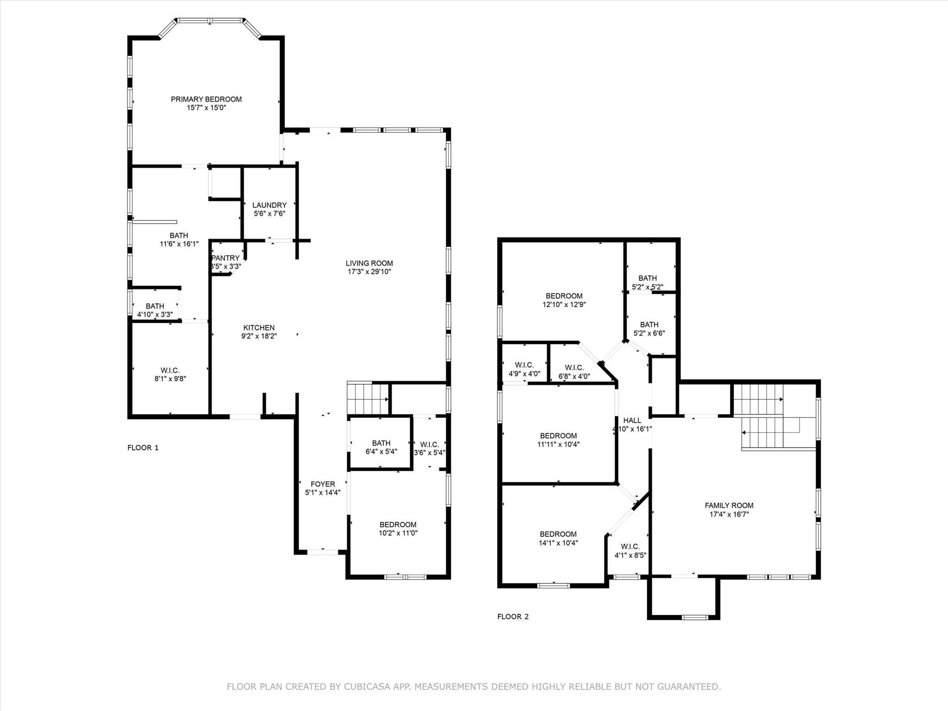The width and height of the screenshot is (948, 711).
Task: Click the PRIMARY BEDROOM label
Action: [x=206, y=99]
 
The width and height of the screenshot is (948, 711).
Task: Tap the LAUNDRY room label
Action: [x=269, y=205]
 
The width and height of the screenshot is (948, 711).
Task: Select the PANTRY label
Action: [x=226, y=258]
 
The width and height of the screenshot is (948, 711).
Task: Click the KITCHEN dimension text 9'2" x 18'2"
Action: [x=259, y=337]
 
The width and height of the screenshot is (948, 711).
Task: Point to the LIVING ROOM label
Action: [x=369, y=263]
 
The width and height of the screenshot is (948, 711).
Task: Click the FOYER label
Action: [x=323, y=484]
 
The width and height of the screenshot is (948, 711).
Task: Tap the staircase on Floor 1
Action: [x=368, y=399]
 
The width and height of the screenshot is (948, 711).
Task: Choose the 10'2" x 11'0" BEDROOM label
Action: [x=398, y=524]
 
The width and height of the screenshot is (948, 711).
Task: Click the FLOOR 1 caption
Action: [x=143, y=448]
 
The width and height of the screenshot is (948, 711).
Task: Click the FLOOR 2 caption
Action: [x=513, y=617]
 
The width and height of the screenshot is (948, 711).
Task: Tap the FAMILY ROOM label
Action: [x=729, y=505]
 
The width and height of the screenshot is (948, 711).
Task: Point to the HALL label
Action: [x=632, y=420]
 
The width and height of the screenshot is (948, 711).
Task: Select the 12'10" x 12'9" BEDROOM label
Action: [x=564, y=296]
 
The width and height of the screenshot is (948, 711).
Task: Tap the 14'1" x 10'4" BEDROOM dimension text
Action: [x=558, y=543]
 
